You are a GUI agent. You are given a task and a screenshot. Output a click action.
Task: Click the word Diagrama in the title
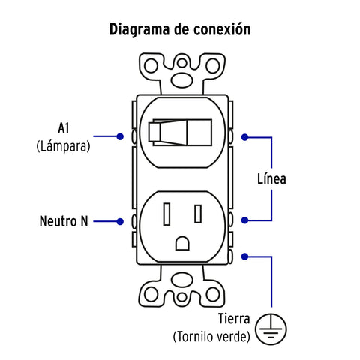(139, 30)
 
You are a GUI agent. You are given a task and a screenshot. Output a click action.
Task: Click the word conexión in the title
(222, 29)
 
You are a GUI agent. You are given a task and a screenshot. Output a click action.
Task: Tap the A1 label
(63, 128)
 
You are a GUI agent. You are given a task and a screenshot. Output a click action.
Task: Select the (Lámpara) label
(63, 146)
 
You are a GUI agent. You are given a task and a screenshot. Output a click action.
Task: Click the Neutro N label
(64, 221)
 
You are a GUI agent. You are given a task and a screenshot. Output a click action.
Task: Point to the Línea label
(271, 179)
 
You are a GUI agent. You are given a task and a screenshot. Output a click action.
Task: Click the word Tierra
(234, 319)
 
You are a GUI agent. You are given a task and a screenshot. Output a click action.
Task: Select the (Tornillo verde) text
(211, 337)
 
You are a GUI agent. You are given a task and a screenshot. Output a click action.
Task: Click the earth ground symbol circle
(271, 329)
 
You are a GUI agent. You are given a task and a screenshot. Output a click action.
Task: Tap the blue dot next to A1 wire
(120, 136)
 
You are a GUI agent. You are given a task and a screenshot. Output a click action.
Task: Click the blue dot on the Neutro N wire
(120, 221)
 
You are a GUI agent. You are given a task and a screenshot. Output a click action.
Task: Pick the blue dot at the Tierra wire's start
(244, 256)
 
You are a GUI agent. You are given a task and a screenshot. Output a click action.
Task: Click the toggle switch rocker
(180, 133)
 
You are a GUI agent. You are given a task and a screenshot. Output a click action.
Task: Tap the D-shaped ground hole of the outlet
(182, 243)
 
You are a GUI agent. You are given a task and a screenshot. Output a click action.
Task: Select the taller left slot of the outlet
(166, 214)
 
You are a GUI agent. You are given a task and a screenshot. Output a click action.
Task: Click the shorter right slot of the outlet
(198, 214)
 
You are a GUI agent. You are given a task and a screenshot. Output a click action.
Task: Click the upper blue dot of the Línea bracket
(244, 137)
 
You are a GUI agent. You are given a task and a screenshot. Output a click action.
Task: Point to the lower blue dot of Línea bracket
(244, 220)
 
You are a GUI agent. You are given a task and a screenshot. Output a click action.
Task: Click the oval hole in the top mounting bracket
(182, 80)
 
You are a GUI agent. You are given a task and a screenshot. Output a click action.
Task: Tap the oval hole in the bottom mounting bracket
(182, 280)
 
